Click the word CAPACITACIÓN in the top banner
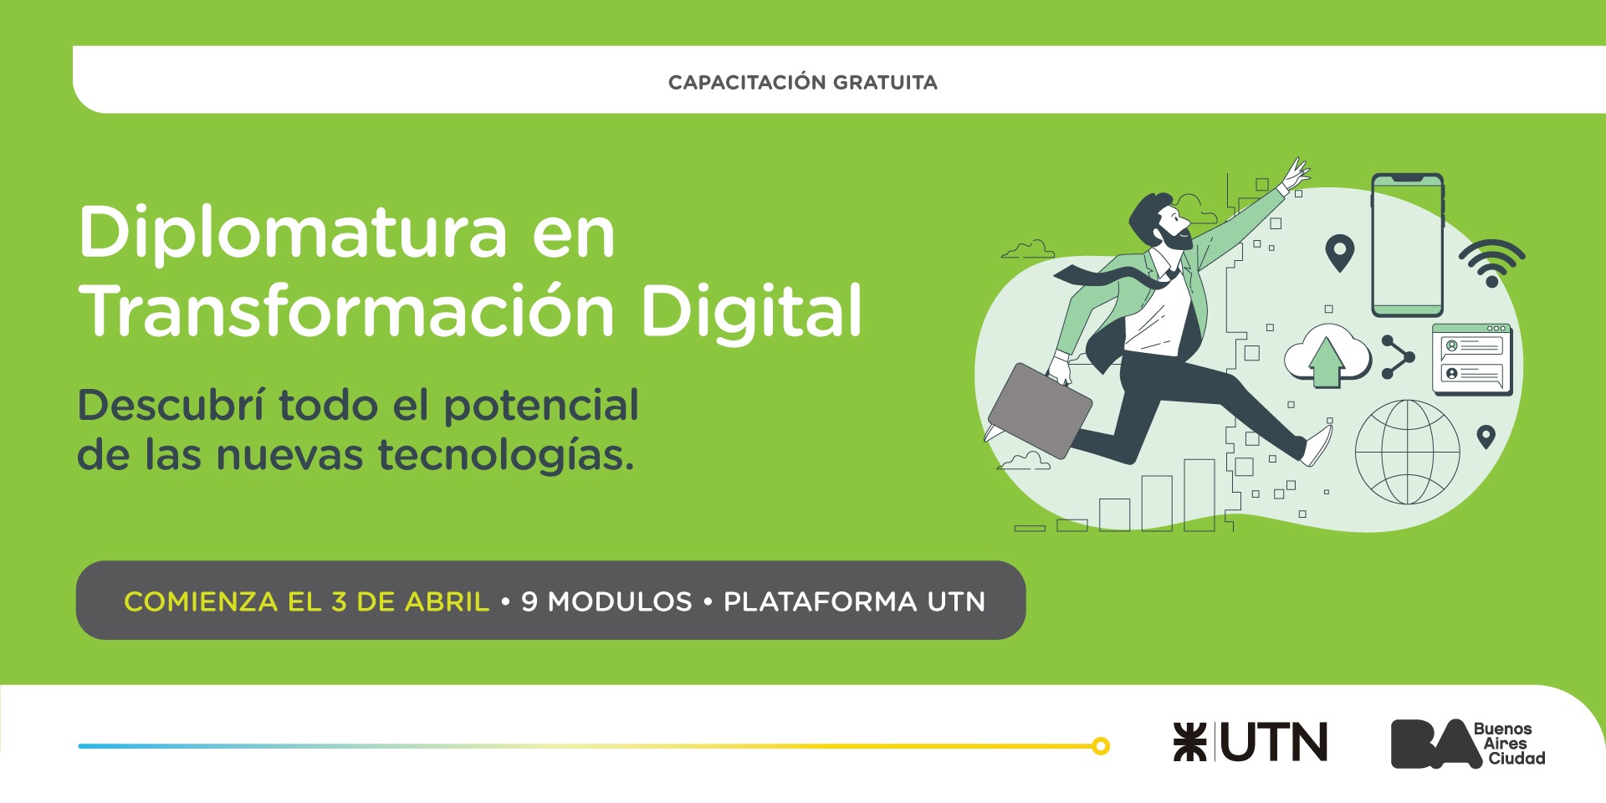click(x=747, y=82)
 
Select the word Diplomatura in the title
click(x=294, y=234)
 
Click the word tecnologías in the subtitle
click(x=506, y=457)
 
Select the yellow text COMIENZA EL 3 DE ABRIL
click(x=306, y=601)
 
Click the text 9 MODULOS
click(x=606, y=601)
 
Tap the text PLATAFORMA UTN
click(x=854, y=601)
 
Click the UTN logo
click(x=1251, y=742)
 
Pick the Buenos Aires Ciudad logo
click(x=1468, y=743)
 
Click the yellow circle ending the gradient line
click(x=1101, y=746)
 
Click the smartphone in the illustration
click(x=1408, y=244)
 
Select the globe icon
click(x=1408, y=452)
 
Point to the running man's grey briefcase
click(x=1040, y=411)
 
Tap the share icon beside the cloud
click(x=1397, y=357)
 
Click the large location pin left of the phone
click(x=1340, y=253)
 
